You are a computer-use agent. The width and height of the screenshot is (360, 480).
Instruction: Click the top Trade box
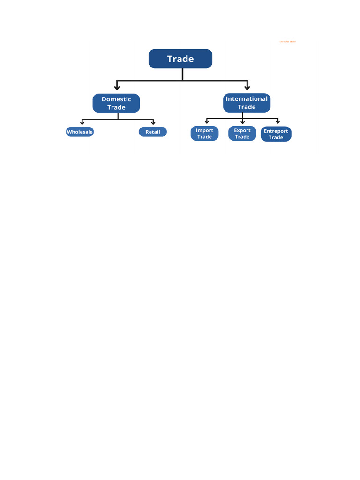click(180, 59)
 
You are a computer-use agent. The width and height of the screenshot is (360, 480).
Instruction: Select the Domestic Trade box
click(116, 103)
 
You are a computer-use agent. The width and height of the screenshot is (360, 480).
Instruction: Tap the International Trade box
click(247, 103)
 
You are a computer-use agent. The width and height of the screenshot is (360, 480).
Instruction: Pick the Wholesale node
click(80, 132)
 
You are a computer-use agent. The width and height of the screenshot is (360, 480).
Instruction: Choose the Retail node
click(153, 132)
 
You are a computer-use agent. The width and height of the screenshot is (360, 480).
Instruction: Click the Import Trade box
click(204, 134)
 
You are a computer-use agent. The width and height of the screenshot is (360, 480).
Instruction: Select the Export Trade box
click(242, 134)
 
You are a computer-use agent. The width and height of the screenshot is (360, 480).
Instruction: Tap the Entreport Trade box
click(276, 134)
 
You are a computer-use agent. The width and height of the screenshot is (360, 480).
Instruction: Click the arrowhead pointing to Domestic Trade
click(117, 87)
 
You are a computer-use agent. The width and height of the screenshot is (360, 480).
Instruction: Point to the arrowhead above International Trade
click(247, 87)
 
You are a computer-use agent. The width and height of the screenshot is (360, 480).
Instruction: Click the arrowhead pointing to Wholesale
click(82, 123)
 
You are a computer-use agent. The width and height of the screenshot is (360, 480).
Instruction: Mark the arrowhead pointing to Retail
click(153, 123)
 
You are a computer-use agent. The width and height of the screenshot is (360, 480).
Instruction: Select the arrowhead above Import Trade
click(207, 122)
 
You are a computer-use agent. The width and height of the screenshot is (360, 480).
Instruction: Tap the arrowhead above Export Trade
click(242, 122)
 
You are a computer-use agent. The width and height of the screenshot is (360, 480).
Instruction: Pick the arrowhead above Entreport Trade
click(278, 122)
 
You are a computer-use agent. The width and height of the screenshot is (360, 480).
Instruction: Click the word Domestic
click(116, 99)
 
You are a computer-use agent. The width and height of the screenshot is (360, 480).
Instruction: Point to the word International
click(247, 98)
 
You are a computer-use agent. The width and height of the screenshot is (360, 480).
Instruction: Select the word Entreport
click(276, 131)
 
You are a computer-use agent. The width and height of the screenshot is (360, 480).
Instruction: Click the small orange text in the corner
click(287, 42)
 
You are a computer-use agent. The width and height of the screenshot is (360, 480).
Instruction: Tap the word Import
click(204, 130)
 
